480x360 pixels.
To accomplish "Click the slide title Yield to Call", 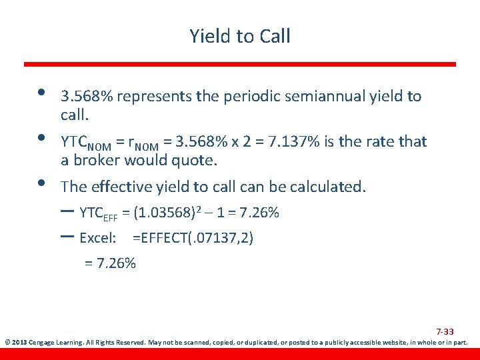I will pos(240,35).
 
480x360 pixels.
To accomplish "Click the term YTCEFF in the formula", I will pos(98,214).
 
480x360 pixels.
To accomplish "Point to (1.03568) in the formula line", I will pos(164,213).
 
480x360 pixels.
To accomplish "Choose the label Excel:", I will pos(98,238).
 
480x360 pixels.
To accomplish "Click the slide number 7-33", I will pos(445,331).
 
